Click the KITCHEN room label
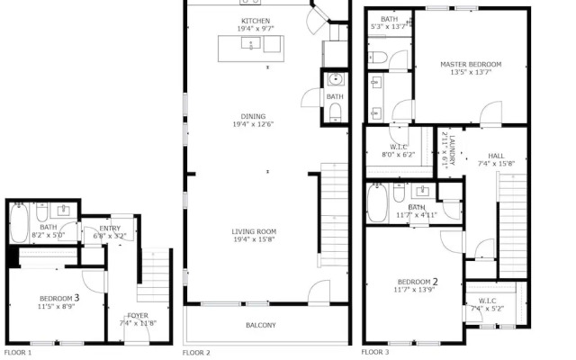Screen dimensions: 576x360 tap(256, 21)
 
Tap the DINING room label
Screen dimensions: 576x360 tap(253, 116)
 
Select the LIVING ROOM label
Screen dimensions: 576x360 tap(254, 231)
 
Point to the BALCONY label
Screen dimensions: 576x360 tap(261, 325)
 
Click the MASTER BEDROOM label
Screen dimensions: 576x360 tap(471, 64)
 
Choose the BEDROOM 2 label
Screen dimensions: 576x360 tap(418, 282)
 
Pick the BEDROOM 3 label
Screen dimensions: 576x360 tap(59, 298)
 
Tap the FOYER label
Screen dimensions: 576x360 tap(138, 316)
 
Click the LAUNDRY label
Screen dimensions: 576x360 tap(452, 150)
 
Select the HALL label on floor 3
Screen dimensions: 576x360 tap(496, 156)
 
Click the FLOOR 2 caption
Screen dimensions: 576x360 tap(196, 353)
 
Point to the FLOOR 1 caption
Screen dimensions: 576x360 tap(18, 353)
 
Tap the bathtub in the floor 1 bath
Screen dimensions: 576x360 tap(19, 223)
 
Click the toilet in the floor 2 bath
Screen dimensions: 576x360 tap(335, 112)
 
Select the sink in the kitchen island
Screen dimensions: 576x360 tap(251, 43)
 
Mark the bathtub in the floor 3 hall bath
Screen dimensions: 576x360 tap(377, 203)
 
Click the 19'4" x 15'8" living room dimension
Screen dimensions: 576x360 tap(254, 239)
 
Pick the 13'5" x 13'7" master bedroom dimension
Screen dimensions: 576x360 tap(471, 72)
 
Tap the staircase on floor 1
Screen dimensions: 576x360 tap(154, 275)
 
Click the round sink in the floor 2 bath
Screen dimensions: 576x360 tap(335, 79)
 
